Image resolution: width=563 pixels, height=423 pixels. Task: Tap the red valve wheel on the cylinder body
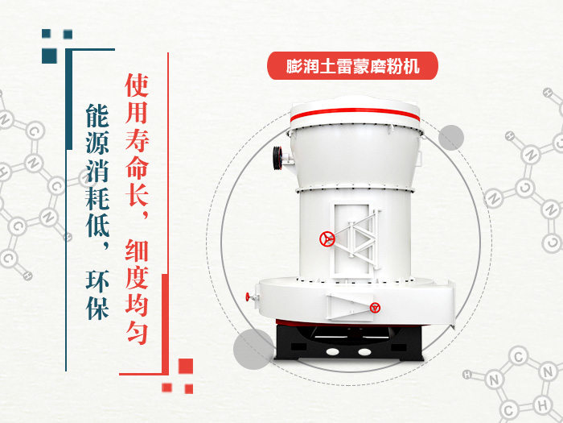pos(327,239)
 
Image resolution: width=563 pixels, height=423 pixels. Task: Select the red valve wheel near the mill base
pos(375,307)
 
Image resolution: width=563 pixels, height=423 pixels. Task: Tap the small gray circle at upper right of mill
pos(451,138)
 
